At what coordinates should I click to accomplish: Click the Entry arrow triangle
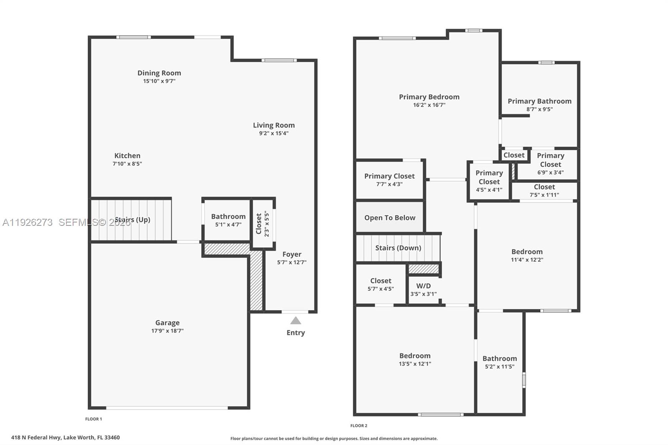(296, 321)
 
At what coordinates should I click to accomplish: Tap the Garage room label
(167, 323)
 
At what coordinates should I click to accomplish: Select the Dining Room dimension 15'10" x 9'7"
(159, 81)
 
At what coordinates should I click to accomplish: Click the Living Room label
(274, 125)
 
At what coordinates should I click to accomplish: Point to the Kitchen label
(127, 156)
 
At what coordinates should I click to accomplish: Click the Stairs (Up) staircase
(131, 220)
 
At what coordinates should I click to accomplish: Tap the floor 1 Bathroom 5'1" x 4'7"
(228, 220)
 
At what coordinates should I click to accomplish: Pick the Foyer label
(291, 254)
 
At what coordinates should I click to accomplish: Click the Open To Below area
(390, 217)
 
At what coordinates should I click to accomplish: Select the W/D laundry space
(423, 289)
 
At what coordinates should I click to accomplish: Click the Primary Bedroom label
(429, 97)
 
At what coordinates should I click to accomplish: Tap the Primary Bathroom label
(539, 101)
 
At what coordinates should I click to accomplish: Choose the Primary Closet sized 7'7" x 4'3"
(389, 180)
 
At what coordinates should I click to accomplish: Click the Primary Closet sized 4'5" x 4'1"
(489, 181)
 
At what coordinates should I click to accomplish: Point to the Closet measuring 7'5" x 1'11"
(544, 191)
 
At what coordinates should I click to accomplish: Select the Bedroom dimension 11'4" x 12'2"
(527, 260)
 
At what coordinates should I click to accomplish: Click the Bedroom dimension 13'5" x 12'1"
(415, 364)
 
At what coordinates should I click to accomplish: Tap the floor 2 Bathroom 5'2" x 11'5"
(499, 362)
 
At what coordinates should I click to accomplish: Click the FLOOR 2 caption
(359, 426)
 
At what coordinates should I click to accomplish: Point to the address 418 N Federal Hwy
(66, 437)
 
